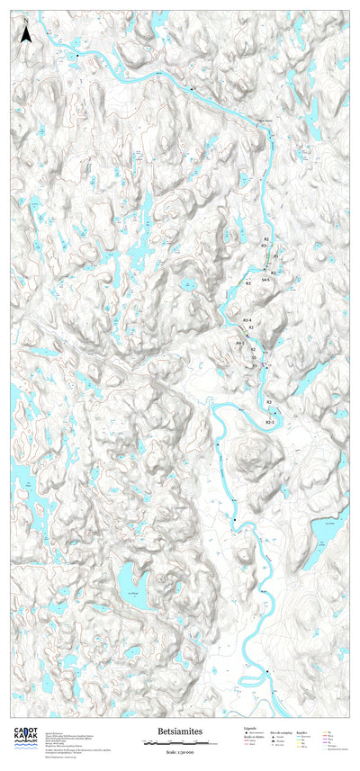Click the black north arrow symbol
pyautogui.click(x=27, y=34)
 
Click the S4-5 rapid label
pyautogui.click(x=265, y=281)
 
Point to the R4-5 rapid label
pyautogui.click(x=240, y=343)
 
